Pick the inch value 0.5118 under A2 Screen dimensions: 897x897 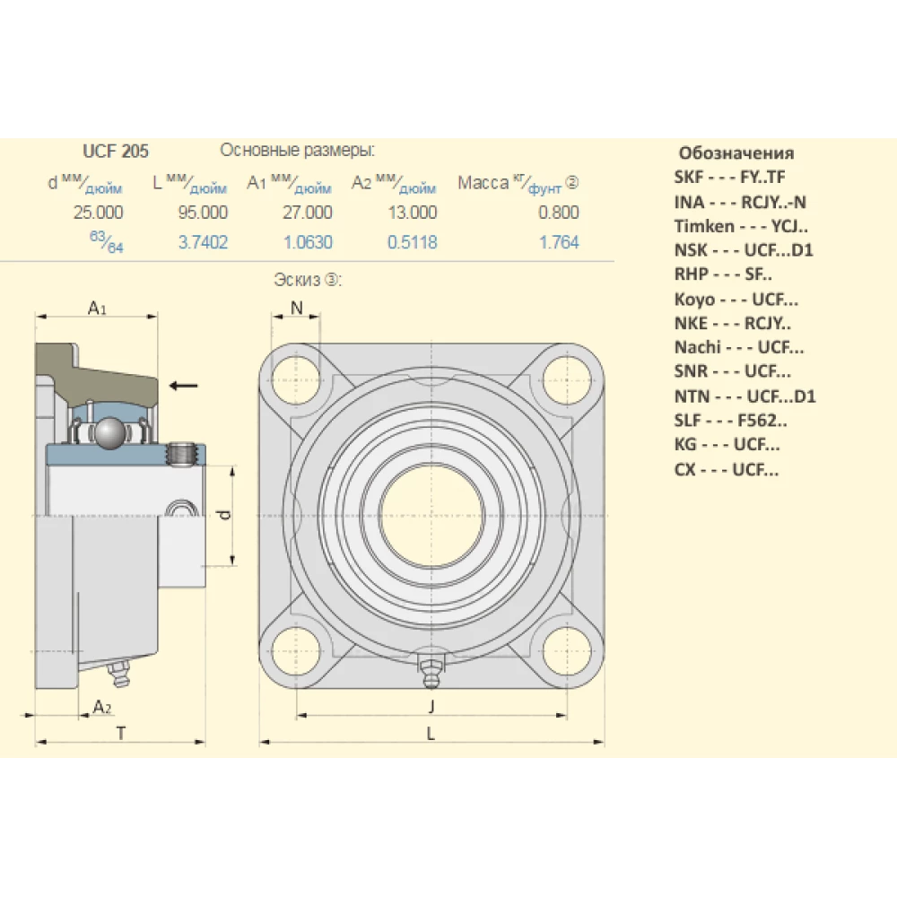click(x=412, y=242)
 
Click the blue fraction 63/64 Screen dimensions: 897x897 click(x=107, y=243)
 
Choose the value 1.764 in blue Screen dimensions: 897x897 click(x=560, y=242)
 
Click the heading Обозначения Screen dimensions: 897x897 click(x=736, y=152)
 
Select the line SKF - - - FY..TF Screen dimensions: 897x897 click(x=729, y=177)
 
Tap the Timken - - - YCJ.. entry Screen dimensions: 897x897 click(x=741, y=226)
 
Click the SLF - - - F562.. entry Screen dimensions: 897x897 click(x=731, y=420)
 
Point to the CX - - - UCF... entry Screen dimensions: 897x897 click(x=727, y=469)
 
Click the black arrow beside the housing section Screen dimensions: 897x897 click(x=184, y=386)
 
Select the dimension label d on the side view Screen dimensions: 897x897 click(x=226, y=515)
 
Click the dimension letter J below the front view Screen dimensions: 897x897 click(x=431, y=705)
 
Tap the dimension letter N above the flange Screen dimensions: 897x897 click(x=297, y=308)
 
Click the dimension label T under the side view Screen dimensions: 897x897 click(x=120, y=733)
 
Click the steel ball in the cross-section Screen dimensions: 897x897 click(x=111, y=433)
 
